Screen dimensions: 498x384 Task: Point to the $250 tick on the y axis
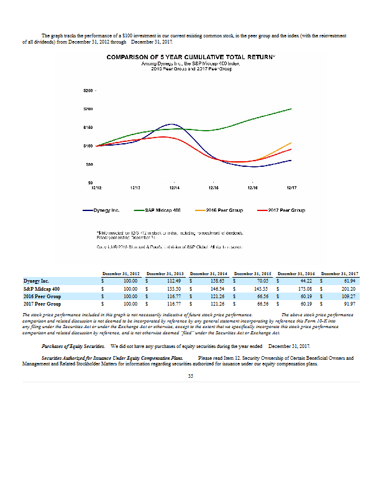tap(88, 91)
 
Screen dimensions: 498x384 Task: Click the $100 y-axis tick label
tap(88, 146)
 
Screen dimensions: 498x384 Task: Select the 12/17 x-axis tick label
tap(291, 187)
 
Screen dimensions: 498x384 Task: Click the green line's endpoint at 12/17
tap(291, 108)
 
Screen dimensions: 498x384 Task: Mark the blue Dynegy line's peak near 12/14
tap(174, 125)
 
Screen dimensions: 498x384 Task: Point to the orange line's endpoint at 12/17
tap(291, 143)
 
